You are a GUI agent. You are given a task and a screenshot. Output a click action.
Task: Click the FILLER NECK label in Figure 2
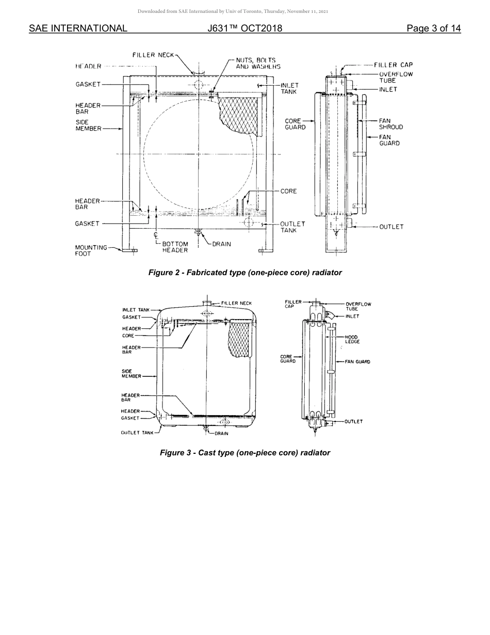pyautogui.click(x=153, y=55)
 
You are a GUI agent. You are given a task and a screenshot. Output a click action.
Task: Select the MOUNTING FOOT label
pyautogui.click(x=91, y=250)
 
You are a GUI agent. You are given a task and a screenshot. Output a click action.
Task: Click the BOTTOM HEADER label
pyautogui.click(x=175, y=247)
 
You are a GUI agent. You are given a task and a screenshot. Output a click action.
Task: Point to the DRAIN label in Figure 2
pyautogui.click(x=221, y=244)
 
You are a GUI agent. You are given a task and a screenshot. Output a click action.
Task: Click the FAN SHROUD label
pyautogui.click(x=390, y=124)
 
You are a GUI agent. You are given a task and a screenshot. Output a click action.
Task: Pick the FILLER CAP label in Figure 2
pyautogui.click(x=393, y=65)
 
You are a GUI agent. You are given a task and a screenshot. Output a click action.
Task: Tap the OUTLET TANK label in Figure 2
pyautogui.click(x=292, y=227)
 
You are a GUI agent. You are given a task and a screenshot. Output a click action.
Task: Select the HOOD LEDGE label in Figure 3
pyautogui.click(x=352, y=339)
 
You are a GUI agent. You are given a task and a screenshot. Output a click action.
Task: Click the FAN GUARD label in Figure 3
pyautogui.click(x=357, y=362)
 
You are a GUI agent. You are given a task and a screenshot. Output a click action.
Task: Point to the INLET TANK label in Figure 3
pyautogui.click(x=136, y=310)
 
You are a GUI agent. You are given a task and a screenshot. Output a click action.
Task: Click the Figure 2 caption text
pyautogui.click(x=245, y=273)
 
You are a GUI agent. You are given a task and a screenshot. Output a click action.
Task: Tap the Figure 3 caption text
pyautogui.click(x=245, y=453)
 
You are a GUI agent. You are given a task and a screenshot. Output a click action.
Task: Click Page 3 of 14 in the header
pyautogui.click(x=433, y=28)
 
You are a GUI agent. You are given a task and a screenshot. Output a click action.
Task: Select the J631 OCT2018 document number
pyautogui.click(x=245, y=28)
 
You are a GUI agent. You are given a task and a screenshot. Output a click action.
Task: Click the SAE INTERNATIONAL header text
pyautogui.click(x=78, y=28)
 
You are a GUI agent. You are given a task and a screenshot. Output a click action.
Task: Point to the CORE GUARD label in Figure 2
pyautogui.click(x=295, y=124)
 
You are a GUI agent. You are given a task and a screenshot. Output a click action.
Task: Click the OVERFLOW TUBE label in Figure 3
pyautogui.click(x=358, y=306)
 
